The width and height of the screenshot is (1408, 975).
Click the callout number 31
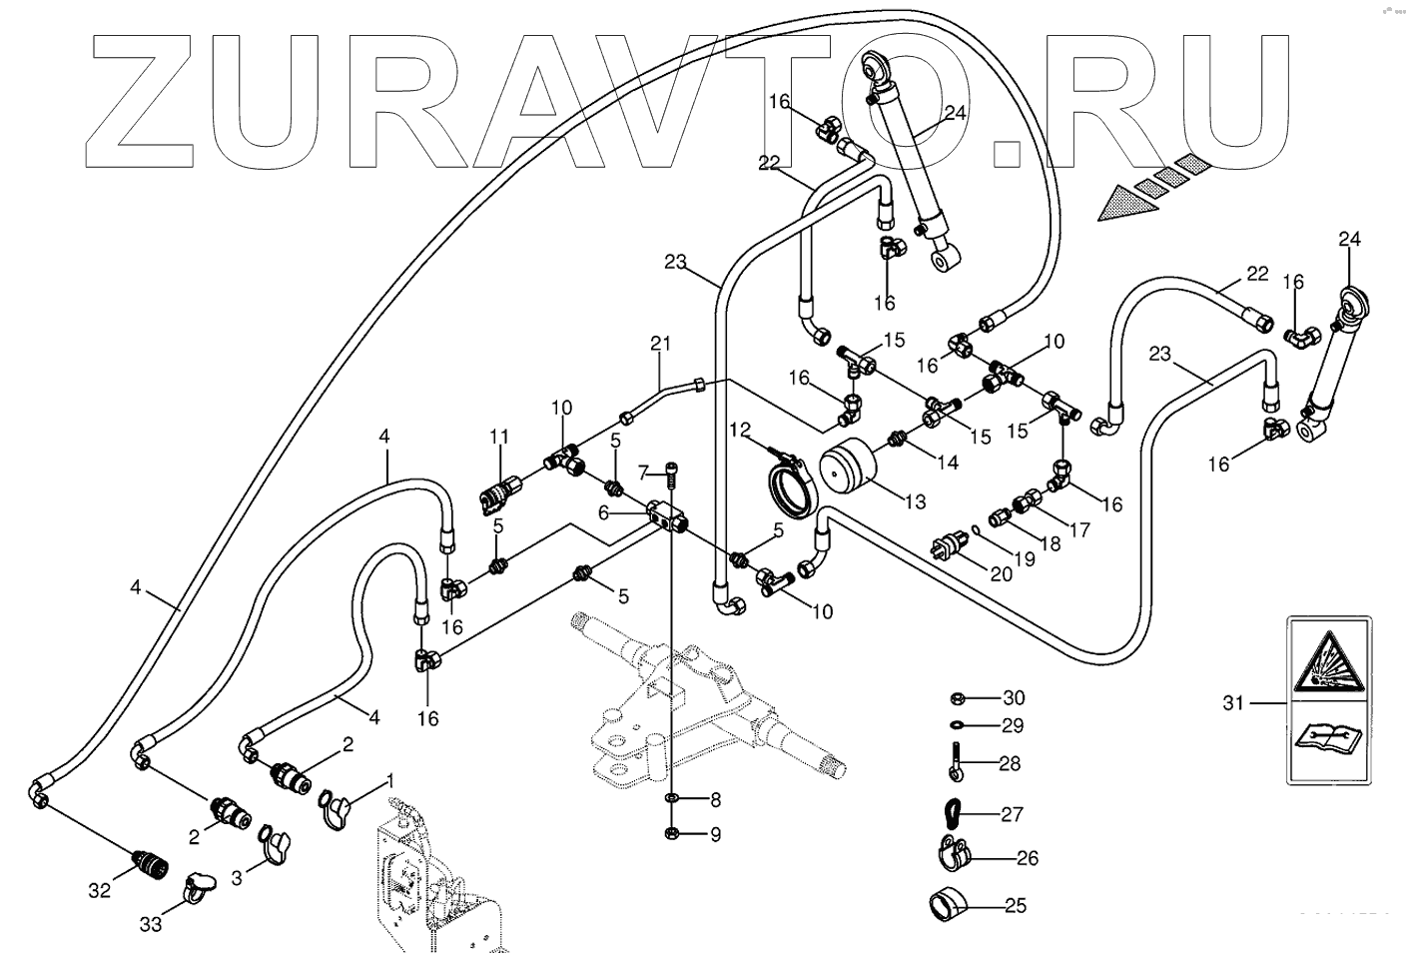click(x=1233, y=703)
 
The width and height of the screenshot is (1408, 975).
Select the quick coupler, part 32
click(x=149, y=857)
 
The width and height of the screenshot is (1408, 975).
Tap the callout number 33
click(x=150, y=924)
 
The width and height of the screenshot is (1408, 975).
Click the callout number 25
click(x=1015, y=907)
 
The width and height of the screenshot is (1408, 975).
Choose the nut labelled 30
click(x=955, y=697)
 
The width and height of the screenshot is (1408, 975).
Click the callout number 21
click(x=660, y=345)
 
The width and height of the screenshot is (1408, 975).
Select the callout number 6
click(x=603, y=511)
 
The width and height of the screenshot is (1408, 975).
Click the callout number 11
click(x=498, y=437)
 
